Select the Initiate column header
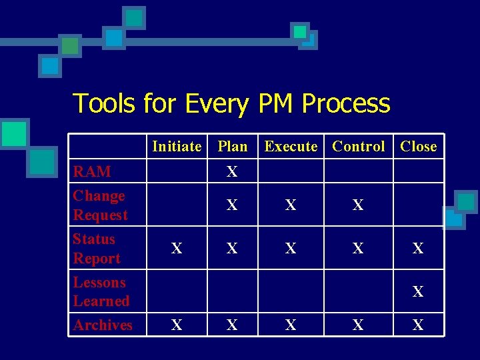point(177,147)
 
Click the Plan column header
point(232,147)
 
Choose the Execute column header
point(291,147)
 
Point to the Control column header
point(359,147)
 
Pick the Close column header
point(418,147)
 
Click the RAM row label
point(92,171)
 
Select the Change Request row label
point(100,205)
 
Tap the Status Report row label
point(97,249)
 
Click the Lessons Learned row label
point(101,291)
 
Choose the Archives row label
point(103,325)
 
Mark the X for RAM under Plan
point(232,172)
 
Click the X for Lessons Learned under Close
point(418,291)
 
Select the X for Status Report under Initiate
point(177,249)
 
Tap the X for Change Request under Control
point(358,205)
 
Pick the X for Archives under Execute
point(291,325)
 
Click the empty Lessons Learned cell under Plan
point(232,291)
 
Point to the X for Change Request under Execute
point(291,205)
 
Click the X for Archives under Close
point(418,325)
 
